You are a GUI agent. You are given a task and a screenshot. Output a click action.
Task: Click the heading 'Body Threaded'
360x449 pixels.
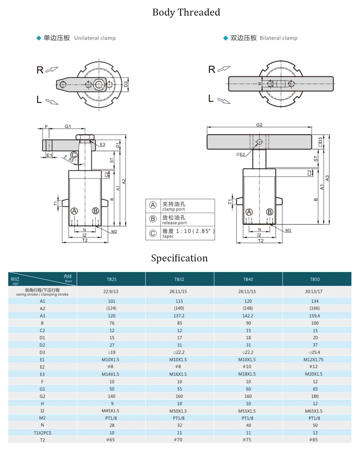pyautogui.click(x=186, y=12)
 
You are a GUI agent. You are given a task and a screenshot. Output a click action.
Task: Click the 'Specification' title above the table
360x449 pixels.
pyautogui.click(x=179, y=258)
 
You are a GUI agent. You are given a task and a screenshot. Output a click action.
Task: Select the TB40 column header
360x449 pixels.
pyautogui.click(x=248, y=279)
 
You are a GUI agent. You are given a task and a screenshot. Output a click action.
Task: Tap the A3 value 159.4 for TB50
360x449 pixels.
pyautogui.click(x=315, y=316)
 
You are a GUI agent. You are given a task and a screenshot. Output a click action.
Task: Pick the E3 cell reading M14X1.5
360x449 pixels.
pyautogui.click(x=110, y=374)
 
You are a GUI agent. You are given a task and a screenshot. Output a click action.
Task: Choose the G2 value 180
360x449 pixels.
pyautogui.click(x=315, y=396)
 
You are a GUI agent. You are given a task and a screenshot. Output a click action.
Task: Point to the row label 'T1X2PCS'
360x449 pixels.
pyautogui.click(x=42, y=433)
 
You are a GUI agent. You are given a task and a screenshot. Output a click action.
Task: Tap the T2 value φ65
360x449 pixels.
pyautogui.click(x=110, y=440)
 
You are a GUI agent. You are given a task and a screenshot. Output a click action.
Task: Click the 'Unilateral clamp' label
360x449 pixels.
pyautogui.click(x=95, y=38)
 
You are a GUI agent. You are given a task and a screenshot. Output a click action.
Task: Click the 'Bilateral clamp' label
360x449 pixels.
pyautogui.click(x=278, y=38)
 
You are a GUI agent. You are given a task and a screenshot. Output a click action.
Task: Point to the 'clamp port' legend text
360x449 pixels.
pyautogui.click(x=174, y=209)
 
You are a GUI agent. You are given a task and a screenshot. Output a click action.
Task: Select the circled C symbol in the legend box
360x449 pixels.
pyautogui.click(x=153, y=233)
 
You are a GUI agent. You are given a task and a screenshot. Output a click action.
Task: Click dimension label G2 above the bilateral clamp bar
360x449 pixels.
pyautogui.click(x=259, y=125)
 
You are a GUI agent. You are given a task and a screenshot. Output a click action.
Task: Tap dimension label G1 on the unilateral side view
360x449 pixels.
pyautogui.click(x=68, y=126)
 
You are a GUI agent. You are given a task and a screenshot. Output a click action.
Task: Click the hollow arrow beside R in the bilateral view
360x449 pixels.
pyautogui.click(x=224, y=69)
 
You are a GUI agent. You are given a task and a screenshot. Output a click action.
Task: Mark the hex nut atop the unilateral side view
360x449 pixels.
pyautogui.click(x=85, y=137)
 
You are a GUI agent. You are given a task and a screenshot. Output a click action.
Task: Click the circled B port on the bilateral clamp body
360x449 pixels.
pyautogui.click(x=270, y=212)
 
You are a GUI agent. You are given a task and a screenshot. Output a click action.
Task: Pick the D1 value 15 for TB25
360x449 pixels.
pyautogui.click(x=112, y=338)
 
